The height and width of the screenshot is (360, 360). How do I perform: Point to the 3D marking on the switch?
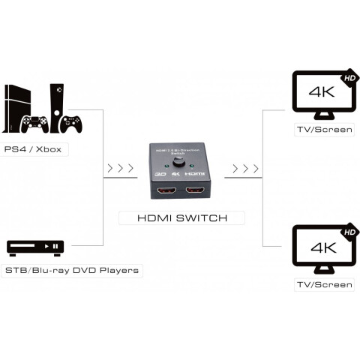coord(160,173)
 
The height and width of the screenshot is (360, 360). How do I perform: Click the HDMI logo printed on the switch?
coord(196,173)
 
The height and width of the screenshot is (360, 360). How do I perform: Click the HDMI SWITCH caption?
coord(182,218)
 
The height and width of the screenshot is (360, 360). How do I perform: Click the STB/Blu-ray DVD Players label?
coord(73,270)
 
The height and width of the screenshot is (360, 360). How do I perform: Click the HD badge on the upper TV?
coord(349,77)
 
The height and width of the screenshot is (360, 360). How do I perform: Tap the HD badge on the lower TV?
coord(349,232)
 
